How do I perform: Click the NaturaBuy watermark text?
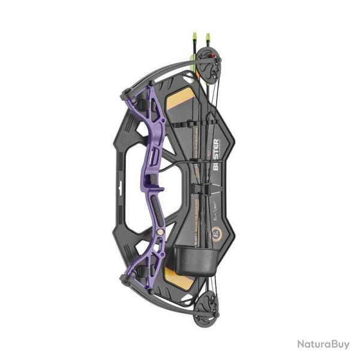coord(323,344)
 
